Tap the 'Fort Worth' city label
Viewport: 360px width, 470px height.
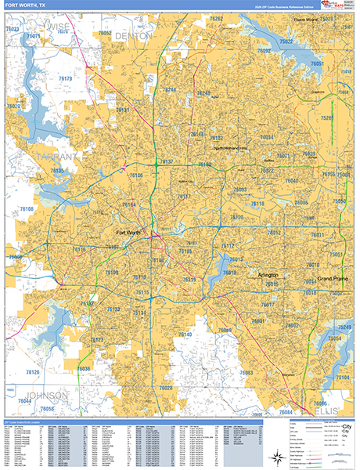129,233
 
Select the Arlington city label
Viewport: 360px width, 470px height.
268,276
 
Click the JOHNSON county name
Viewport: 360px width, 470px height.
47,395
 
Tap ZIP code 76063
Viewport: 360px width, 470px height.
247,373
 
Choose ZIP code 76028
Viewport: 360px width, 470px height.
166,388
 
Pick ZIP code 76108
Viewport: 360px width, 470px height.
27,209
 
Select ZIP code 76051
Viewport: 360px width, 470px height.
317,63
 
